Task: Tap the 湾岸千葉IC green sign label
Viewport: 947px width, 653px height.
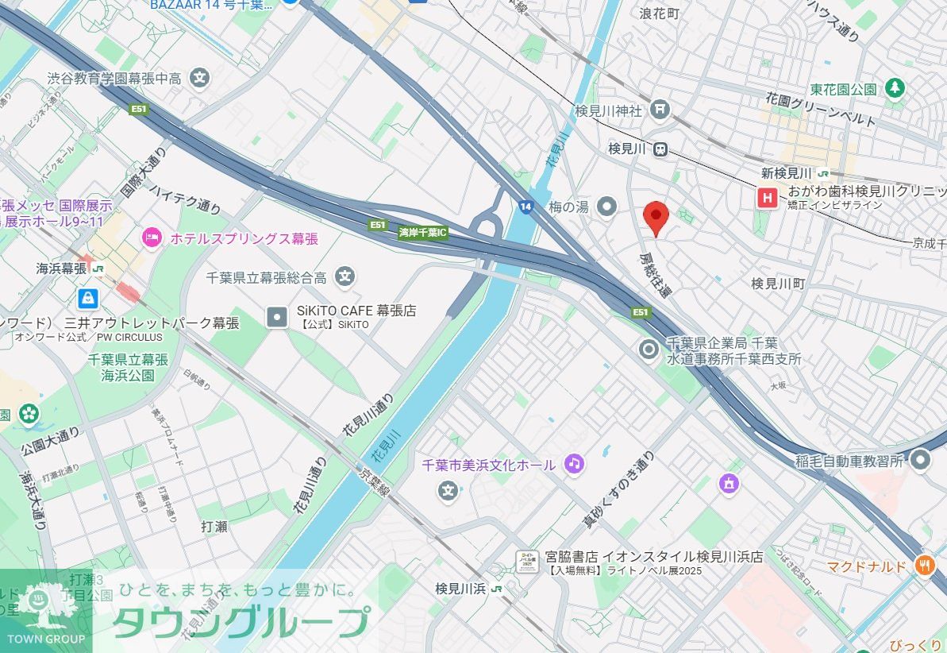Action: pyautogui.click(x=423, y=233)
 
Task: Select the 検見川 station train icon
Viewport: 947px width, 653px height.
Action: pyautogui.click(x=660, y=149)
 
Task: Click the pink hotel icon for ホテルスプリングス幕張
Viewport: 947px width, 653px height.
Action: pyautogui.click(x=152, y=236)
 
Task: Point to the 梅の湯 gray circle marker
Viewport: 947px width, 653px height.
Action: pyautogui.click(x=607, y=207)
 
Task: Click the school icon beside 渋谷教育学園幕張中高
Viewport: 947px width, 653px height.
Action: pyautogui.click(x=201, y=78)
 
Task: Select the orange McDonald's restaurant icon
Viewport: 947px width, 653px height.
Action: pyautogui.click(x=924, y=566)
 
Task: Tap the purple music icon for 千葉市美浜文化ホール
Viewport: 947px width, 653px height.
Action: pyautogui.click(x=574, y=463)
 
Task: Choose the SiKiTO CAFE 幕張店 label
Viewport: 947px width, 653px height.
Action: pyautogui.click(x=356, y=311)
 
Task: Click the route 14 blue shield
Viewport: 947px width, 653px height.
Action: pyautogui.click(x=526, y=206)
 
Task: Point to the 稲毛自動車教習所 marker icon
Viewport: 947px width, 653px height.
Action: pyautogui.click(x=921, y=459)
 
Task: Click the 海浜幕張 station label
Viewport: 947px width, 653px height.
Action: pyautogui.click(x=61, y=269)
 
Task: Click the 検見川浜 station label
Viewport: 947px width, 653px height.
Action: pyautogui.click(x=460, y=589)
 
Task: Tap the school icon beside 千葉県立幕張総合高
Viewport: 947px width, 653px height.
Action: pyautogui.click(x=344, y=276)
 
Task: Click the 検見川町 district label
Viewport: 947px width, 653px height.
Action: pyautogui.click(x=778, y=283)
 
